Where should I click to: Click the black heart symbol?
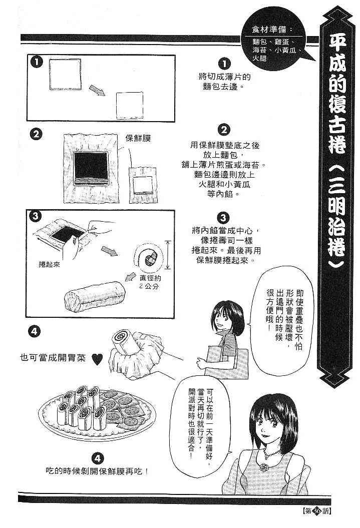(x=97, y=359)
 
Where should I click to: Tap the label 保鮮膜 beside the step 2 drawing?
(x=138, y=139)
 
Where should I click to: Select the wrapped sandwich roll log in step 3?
(x=95, y=297)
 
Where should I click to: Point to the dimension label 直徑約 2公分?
(x=150, y=282)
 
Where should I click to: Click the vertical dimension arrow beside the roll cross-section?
(x=168, y=255)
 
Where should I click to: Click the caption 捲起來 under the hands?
(x=49, y=265)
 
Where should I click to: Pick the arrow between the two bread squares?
(x=97, y=90)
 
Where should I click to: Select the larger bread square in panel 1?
(x=65, y=75)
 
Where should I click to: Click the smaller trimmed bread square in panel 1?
(x=130, y=106)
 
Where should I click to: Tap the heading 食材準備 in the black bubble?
(x=269, y=30)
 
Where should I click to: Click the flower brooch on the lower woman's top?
(x=262, y=467)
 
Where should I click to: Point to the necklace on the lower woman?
(x=271, y=453)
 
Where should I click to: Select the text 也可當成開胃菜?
(x=53, y=358)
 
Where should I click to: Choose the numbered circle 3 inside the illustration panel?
(x=36, y=216)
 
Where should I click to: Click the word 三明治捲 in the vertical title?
(x=336, y=211)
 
